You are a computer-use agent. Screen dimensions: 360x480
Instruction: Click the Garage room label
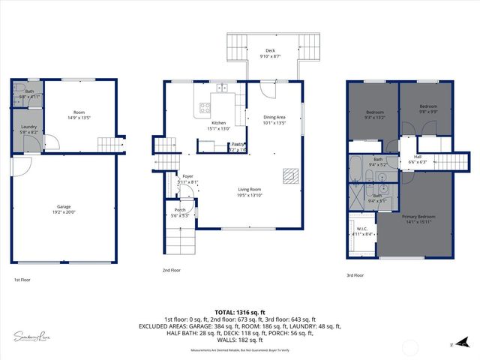click(64, 206)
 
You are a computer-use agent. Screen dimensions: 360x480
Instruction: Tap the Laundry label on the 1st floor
click(28, 127)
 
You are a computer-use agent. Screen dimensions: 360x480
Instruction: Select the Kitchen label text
click(218, 123)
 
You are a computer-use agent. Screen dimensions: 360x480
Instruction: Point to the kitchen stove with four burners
click(203, 109)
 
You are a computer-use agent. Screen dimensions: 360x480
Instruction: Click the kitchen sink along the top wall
click(222, 88)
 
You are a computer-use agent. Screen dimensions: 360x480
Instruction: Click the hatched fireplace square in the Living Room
click(289, 176)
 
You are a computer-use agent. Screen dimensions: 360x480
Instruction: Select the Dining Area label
click(274, 116)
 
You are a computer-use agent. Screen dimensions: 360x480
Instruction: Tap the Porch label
click(180, 209)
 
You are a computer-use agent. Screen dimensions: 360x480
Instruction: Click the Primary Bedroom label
click(416, 217)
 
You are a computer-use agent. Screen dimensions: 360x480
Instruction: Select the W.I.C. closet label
click(361, 229)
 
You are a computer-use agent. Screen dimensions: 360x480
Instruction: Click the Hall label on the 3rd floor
click(418, 157)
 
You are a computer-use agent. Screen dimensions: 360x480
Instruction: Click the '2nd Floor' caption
click(171, 270)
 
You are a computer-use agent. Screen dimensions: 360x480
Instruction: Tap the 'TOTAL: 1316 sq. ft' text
click(239, 311)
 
